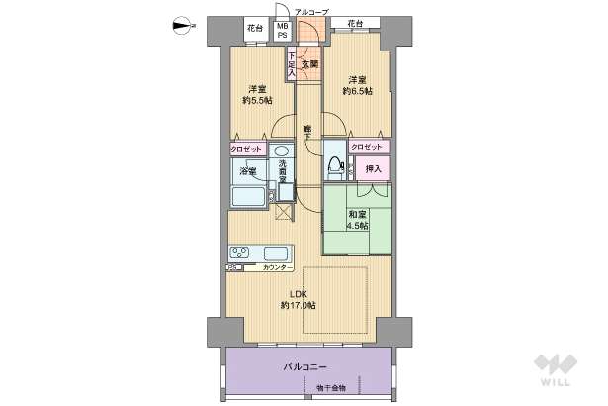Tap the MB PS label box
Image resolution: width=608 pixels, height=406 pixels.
pos(283,30)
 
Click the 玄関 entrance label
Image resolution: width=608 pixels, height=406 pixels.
pos(308,65)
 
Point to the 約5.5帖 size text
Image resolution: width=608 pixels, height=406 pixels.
pos(256,100)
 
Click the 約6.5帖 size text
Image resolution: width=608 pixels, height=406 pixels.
pos(356,91)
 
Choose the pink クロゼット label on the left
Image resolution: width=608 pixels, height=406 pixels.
pos(246,149)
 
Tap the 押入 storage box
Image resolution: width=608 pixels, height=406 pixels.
pos(374,169)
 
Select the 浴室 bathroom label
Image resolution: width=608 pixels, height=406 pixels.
pos(248,172)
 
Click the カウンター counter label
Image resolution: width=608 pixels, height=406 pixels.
pos(279,268)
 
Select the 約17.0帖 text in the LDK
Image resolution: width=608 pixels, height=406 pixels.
pos(298,305)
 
